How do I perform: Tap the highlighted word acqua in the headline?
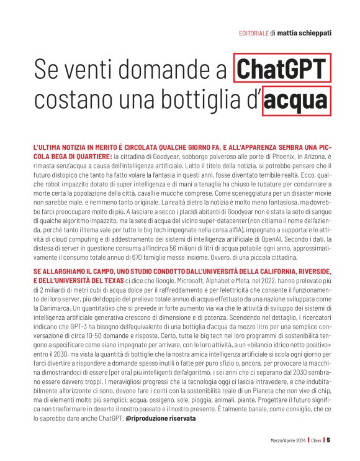[295, 100]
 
